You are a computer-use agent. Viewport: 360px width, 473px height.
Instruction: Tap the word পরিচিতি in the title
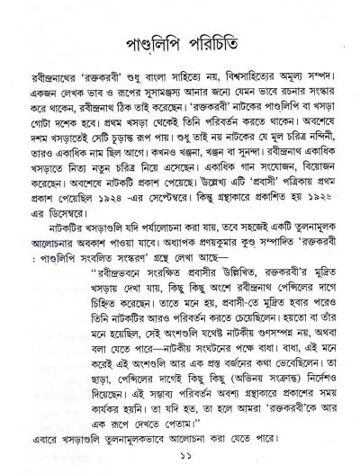point(220,42)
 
